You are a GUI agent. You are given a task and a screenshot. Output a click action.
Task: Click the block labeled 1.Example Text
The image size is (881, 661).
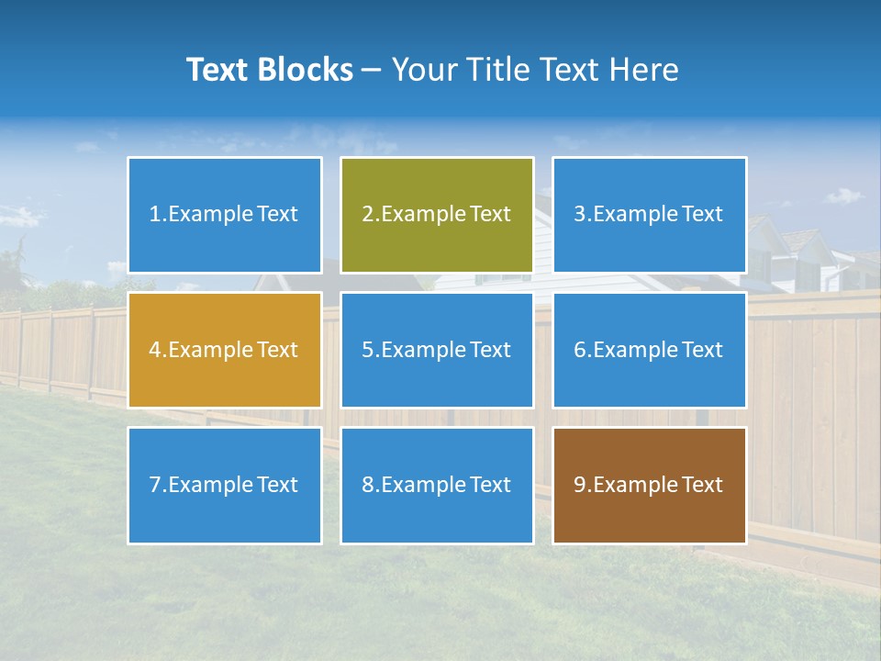click(x=224, y=215)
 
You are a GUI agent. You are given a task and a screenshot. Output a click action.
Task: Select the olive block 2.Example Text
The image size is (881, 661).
click(x=436, y=215)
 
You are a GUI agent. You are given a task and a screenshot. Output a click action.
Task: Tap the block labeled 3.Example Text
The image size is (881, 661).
click(x=649, y=215)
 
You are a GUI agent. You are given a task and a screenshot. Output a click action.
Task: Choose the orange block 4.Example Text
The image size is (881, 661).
click(x=224, y=350)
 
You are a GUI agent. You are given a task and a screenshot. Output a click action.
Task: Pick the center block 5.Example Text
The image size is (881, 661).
click(x=436, y=350)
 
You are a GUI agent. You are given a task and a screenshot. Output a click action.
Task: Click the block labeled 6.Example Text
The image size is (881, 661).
click(x=649, y=350)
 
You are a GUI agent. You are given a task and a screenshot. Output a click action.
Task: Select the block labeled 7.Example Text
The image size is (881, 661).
click(x=224, y=485)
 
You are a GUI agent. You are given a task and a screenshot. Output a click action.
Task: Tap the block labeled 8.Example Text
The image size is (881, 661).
click(x=436, y=485)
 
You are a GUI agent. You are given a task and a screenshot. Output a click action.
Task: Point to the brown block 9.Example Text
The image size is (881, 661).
click(x=649, y=485)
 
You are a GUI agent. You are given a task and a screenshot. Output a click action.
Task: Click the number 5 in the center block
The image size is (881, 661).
click(x=367, y=350)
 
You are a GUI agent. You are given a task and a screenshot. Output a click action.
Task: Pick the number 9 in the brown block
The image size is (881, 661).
click(x=580, y=485)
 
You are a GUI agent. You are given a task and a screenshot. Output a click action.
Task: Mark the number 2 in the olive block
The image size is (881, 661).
click(x=367, y=215)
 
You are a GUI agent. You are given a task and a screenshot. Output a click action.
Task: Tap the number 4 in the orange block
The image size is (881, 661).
click(x=155, y=350)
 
